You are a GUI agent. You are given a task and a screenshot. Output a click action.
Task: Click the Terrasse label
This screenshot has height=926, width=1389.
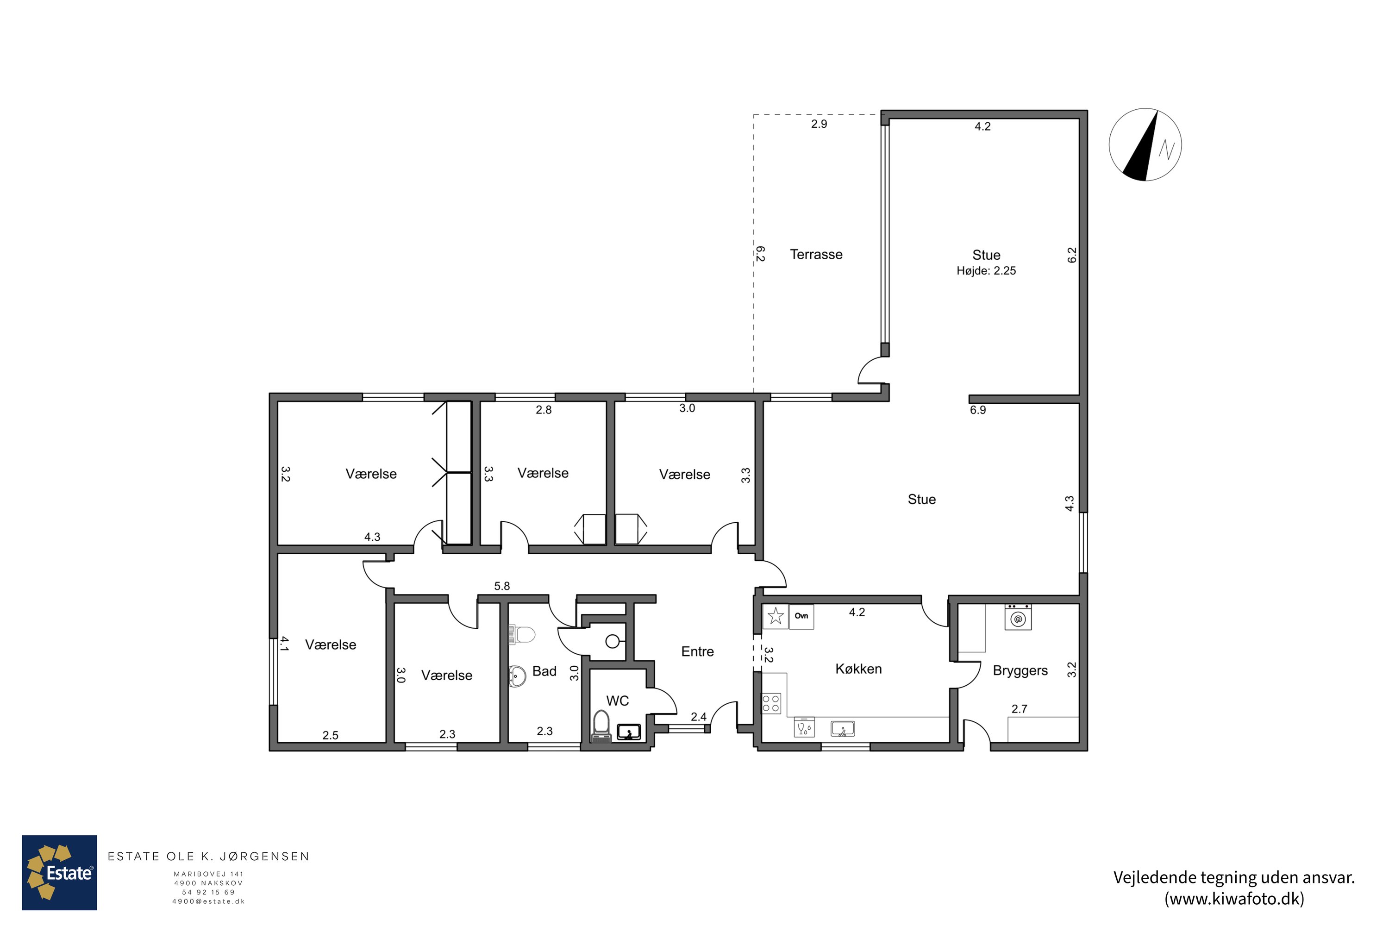(x=816, y=255)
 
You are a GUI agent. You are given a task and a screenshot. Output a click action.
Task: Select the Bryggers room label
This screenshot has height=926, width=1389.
(x=1020, y=671)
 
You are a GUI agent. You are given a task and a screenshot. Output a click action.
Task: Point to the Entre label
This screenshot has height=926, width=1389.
(x=697, y=651)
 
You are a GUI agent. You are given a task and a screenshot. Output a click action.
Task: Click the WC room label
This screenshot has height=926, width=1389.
(x=617, y=701)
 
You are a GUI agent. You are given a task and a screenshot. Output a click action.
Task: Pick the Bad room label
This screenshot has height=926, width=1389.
(x=544, y=671)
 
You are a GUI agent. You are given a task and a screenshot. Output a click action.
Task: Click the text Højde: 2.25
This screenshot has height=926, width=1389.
(x=986, y=271)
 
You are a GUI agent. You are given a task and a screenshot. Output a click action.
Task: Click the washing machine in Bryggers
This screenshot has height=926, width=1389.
(x=1018, y=618)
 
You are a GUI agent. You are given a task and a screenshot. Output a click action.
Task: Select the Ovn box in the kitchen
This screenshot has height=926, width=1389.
(x=801, y=617)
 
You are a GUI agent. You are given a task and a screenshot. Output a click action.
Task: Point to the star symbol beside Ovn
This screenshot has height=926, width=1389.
(x=776, y=617)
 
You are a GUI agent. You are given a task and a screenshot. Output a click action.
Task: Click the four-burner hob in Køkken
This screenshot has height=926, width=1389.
(x=771, y=703)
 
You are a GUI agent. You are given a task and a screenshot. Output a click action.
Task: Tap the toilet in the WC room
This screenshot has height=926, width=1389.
(x=601, y=726)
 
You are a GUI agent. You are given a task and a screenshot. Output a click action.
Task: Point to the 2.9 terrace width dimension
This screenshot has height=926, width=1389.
(x=819, y=124)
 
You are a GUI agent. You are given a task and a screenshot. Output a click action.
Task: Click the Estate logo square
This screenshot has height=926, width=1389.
(x=59, y=873)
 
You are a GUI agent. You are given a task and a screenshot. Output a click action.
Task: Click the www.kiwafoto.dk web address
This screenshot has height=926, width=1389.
(x=1234, y=899)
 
